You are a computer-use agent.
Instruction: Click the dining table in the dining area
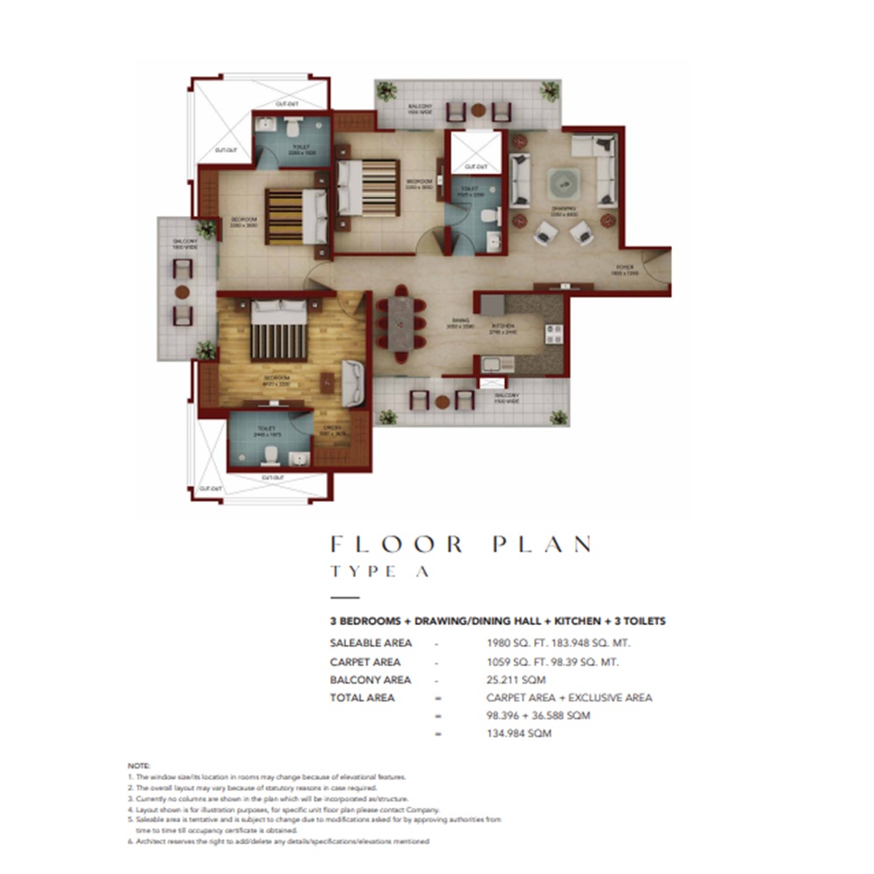[400, 323]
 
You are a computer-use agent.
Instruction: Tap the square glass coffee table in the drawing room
[564, 185]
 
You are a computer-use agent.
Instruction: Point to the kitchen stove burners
[554, 333]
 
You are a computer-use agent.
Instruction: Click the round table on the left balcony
[182, 293]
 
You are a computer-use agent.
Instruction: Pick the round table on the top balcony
[478, 111]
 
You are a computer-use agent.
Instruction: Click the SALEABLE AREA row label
[371, 643]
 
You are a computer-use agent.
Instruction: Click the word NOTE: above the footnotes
[139, 765]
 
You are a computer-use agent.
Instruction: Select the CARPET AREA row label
[365, 662]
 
